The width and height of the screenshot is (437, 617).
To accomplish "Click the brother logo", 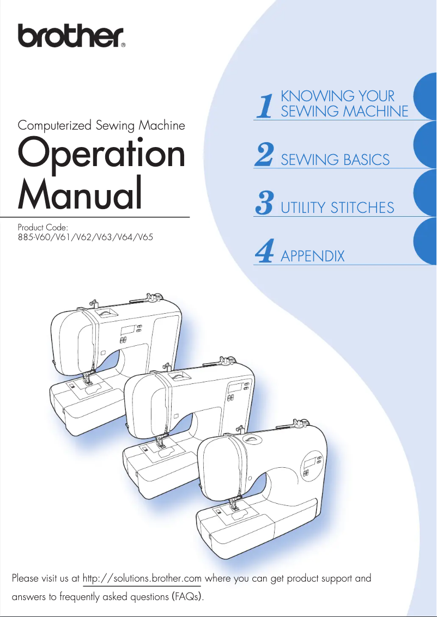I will [71, 36].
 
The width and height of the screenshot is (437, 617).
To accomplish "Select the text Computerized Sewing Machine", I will [101, 125].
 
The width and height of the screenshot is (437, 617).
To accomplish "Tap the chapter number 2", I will [264, 155].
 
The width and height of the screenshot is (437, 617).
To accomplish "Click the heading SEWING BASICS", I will [335, 160].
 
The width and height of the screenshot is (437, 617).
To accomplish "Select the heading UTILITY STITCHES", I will [337, 207].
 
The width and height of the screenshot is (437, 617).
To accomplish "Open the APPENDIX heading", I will [312, 255].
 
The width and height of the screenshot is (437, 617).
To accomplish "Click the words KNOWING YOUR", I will [337, 96].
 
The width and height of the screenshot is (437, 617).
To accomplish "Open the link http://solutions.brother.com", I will [142, 578].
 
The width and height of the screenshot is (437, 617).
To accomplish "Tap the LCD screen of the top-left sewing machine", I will [129, 331].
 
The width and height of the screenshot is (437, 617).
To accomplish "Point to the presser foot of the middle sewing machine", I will [161, 444].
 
